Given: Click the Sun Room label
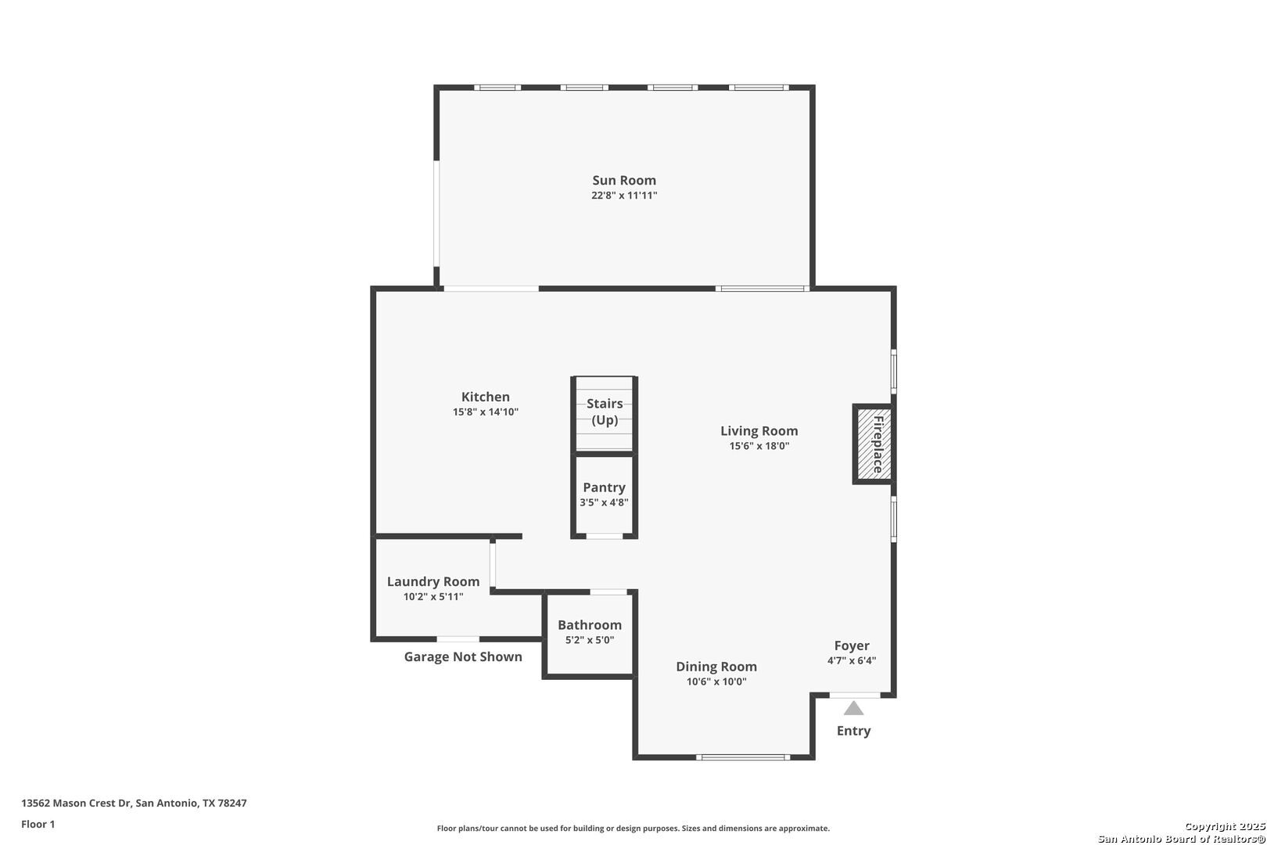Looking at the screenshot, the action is coord(624,180).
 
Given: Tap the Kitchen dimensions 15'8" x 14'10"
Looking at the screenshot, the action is coord(486,412).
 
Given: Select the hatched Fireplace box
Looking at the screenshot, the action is coord(874,444).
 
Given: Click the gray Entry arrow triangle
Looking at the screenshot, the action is coord(853,708).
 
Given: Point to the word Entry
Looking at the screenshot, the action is coord(853,731).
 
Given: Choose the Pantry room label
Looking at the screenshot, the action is coord(604,487).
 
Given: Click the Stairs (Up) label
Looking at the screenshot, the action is coord(605,412).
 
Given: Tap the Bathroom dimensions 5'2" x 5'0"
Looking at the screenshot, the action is coord(590,640).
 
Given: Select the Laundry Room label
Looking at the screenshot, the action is coord(433,581).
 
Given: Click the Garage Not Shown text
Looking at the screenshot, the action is coord(463,656).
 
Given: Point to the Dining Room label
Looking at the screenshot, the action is coord(716,667).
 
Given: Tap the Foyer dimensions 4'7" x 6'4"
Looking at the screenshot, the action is coord(851,660).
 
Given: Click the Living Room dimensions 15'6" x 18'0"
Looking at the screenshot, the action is coord(759,446).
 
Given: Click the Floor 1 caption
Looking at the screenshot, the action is coord(38,824).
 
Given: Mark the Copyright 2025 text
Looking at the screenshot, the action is coord(1224,826).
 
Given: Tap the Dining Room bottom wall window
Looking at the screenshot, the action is coord(743,757).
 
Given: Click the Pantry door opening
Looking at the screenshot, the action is coord(604,536).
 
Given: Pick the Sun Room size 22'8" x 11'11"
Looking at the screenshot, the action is coord(624,196).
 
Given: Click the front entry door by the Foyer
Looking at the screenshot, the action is coord(854,695).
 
